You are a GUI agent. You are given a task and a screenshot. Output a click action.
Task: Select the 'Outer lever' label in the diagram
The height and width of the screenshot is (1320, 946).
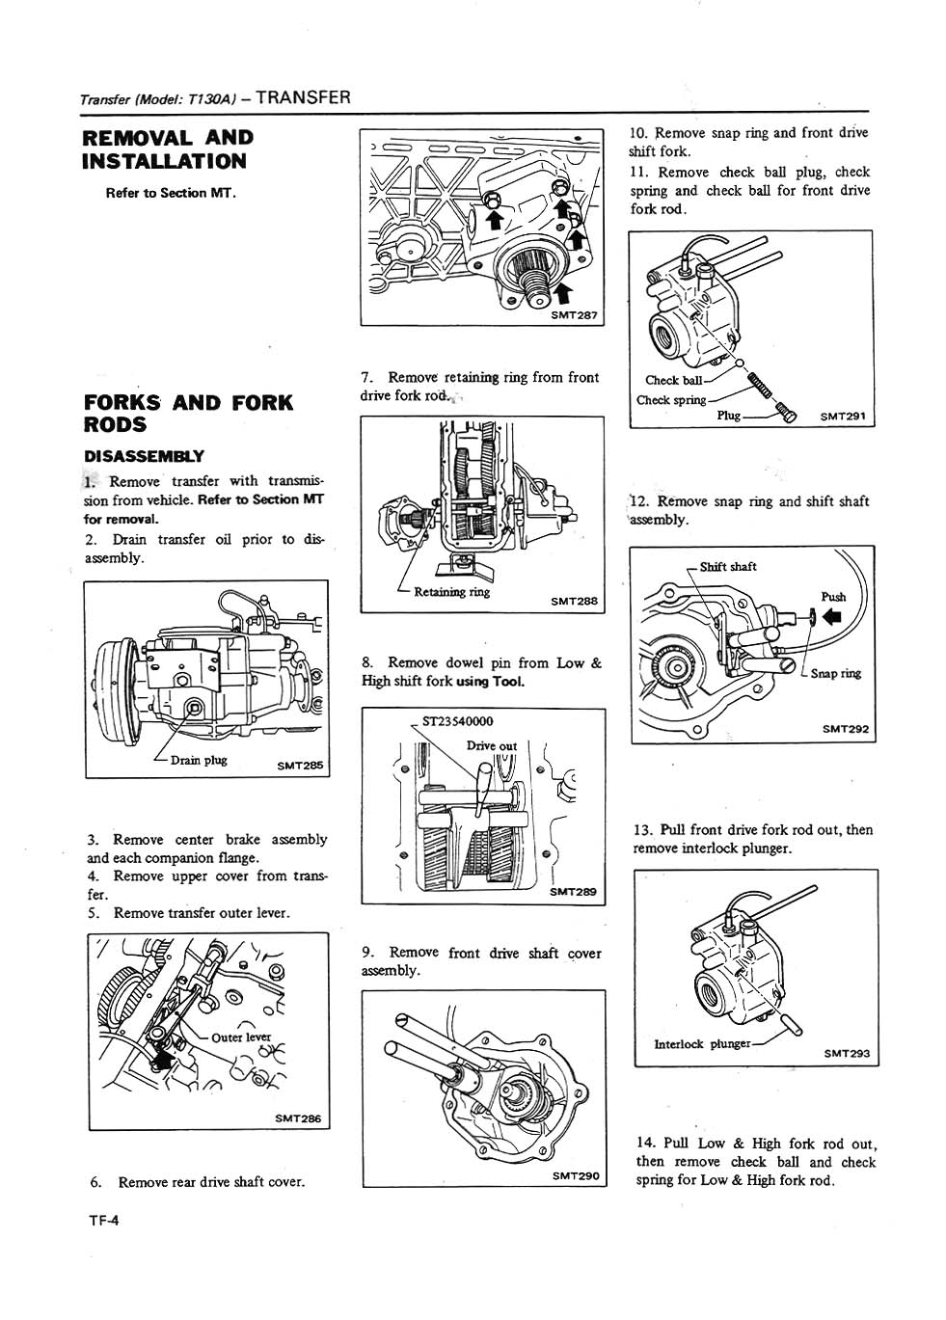(241, 1037)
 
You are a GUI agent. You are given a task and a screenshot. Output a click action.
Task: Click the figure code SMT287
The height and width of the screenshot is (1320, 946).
(574, 315)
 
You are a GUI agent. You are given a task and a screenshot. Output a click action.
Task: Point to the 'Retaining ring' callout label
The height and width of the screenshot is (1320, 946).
(451, 592)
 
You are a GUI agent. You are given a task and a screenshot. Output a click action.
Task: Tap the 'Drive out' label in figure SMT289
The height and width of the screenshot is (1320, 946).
(492, 745)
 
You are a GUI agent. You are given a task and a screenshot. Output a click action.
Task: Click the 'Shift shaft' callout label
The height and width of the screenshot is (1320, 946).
(728, 566)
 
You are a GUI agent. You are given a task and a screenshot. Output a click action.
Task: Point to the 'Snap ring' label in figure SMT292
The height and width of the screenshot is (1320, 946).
(835, 673)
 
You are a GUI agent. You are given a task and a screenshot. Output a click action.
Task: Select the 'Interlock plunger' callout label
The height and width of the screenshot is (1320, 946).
(701, 1043)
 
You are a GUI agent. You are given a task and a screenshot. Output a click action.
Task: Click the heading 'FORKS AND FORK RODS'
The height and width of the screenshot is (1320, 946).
(188, 413)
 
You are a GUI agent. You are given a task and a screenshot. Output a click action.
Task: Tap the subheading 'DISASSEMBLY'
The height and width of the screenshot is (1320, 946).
(144, 456)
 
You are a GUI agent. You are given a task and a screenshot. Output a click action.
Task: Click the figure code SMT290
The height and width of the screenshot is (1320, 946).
(576, 1175)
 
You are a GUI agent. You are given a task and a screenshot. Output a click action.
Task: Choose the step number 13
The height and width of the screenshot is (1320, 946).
(642, 829)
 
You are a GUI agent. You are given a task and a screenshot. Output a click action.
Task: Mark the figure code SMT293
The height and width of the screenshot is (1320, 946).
(847, 1054)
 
